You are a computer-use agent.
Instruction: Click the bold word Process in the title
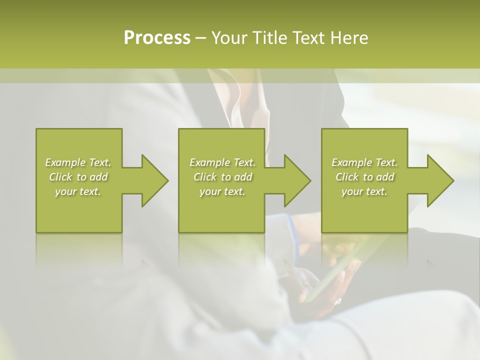[x=157, y=38]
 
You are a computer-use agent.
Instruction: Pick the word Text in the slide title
[x=308, y=38]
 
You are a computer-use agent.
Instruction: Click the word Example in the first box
[x=65, y=162]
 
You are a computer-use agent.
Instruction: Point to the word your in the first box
[x=65, y=191]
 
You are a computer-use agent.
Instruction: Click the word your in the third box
[x=352, y=191]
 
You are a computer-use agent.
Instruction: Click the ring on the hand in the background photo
[x=337, y=301]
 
